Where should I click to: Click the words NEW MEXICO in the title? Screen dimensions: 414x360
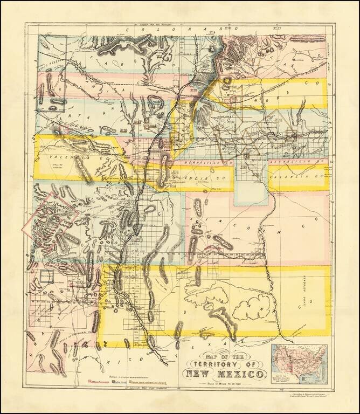(225, 374)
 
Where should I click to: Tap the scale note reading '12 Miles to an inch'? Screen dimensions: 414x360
(225, 383)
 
